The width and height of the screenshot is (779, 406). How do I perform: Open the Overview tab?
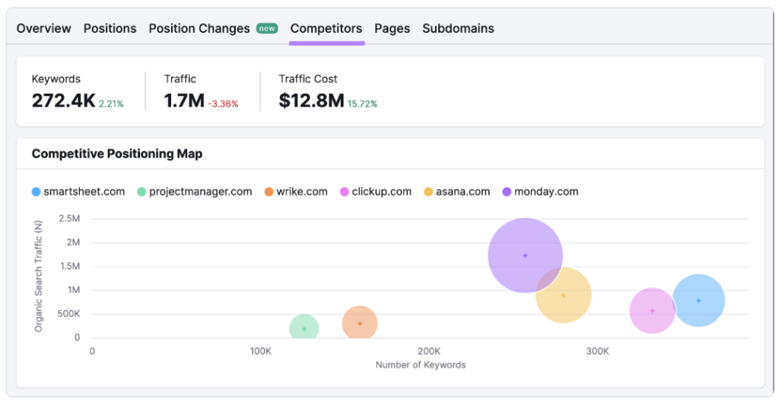click(43, 28)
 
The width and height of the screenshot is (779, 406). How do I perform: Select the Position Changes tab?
click(199, 28)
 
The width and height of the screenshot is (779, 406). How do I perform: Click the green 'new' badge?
click(267, 28)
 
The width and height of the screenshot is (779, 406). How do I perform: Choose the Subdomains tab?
click(458, 28)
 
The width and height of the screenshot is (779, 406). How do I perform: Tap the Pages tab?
click(392, 28)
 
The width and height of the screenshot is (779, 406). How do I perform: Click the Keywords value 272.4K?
click(63, 101)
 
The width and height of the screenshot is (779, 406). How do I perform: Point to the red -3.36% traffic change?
click(223, 104)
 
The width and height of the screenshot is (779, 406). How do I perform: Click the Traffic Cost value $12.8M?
click(311, 101)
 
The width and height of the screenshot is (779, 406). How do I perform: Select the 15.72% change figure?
click(362, 104)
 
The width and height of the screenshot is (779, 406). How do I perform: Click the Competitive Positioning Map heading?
click(117, 154)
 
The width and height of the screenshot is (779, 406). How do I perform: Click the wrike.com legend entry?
click(296, 191)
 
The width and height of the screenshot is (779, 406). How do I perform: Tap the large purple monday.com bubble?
click(525, 255)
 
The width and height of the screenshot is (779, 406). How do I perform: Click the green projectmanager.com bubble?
click(304, 329)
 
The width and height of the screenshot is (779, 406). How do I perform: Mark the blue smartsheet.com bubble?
click(698, 300)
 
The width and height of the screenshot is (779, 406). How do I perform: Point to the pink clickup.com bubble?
click(652, 311)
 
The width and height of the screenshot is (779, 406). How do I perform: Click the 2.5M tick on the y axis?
click(69, 219)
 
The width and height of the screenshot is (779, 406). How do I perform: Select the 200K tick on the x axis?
click(429, 351)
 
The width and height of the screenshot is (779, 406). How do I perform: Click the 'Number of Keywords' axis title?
click(420, 365)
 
